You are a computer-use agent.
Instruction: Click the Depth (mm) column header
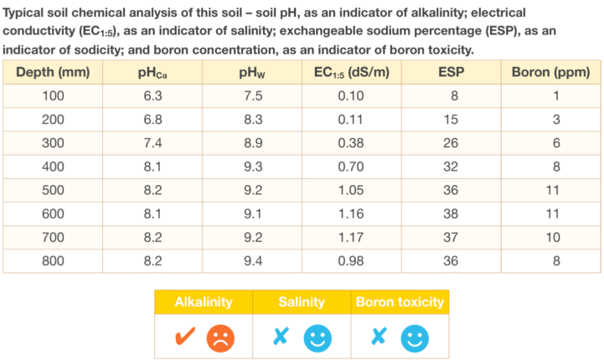[x=53, y=73]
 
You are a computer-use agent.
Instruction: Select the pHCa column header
[x=152, y=73]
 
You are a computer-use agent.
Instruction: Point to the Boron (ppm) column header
[x=550, y=73]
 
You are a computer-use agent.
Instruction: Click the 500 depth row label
[x=53, y=190]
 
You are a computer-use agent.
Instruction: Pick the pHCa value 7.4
[x=152, y=143]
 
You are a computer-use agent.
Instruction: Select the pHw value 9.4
[x=251, y=260]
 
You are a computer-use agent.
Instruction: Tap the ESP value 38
[x=451, y=213]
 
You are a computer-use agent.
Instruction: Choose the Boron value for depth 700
[x=550, y=237]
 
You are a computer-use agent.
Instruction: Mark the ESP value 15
[x=451, y=120]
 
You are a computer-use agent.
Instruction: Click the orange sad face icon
[x=221, y=337]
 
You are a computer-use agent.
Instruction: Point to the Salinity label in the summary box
[x=302, y=301]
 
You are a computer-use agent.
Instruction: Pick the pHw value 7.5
[x=251, y=96]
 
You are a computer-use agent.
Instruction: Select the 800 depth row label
[x=53, y=260]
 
